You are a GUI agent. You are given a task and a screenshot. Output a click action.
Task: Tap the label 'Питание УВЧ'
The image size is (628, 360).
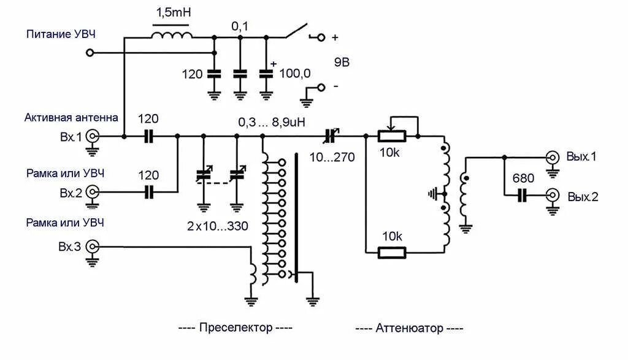click(61, 34)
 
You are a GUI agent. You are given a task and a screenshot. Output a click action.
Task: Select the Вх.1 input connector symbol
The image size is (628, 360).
click(93, 137)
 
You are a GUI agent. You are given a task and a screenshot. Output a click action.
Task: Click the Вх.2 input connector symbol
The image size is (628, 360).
click(93, 193)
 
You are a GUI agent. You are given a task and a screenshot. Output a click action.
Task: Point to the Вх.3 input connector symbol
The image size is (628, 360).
click(93, 247)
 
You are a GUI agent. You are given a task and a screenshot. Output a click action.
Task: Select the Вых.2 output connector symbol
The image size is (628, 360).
click(553, 196)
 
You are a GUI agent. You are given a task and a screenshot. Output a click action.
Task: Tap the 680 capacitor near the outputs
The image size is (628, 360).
click(523, 196)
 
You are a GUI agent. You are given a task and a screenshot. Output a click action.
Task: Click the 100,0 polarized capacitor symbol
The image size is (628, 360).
click(266, 73)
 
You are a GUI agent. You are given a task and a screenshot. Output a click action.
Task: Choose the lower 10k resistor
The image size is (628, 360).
click(391, 251)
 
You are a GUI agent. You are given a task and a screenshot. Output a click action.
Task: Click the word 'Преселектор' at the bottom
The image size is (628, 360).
click(235, 327)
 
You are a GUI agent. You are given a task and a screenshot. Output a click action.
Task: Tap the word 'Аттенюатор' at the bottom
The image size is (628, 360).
click(408, 328)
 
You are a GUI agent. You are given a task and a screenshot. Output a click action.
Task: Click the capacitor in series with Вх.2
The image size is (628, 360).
click(148, 193)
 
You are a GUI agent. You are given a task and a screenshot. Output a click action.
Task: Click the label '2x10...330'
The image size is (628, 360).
click(218, 226)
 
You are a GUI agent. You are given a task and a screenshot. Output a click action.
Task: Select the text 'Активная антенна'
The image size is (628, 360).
click(71, 117)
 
